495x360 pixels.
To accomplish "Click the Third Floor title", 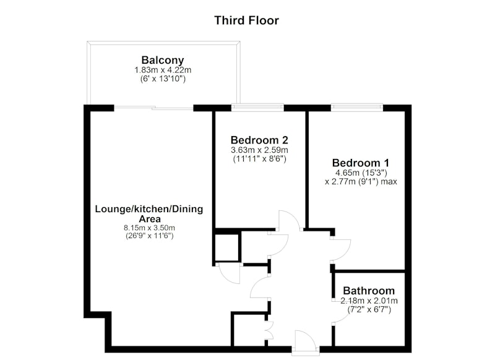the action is pos(246,20).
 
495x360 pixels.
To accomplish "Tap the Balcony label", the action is pos(163,60).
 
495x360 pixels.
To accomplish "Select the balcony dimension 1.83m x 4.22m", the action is pos(163,70).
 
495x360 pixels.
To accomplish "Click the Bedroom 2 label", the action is pos(259,140).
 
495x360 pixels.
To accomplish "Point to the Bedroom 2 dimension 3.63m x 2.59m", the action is pos(259,150).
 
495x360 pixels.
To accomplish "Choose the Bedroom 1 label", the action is pos(361,163).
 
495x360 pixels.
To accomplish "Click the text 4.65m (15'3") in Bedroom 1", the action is pos(361,173).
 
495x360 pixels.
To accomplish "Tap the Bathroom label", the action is pos(369,291).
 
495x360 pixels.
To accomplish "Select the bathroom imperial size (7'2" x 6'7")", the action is pos(369,310).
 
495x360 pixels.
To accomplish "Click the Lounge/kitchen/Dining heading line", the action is pos(149,209).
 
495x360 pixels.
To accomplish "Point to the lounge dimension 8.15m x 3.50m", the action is pos(149,228).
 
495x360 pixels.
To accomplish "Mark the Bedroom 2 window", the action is pos(257,108).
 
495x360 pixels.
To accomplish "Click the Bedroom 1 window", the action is pos(357,108).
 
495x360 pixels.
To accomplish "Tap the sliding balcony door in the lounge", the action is pos(153,108).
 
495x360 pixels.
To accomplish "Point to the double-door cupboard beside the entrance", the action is pos(269,330).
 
